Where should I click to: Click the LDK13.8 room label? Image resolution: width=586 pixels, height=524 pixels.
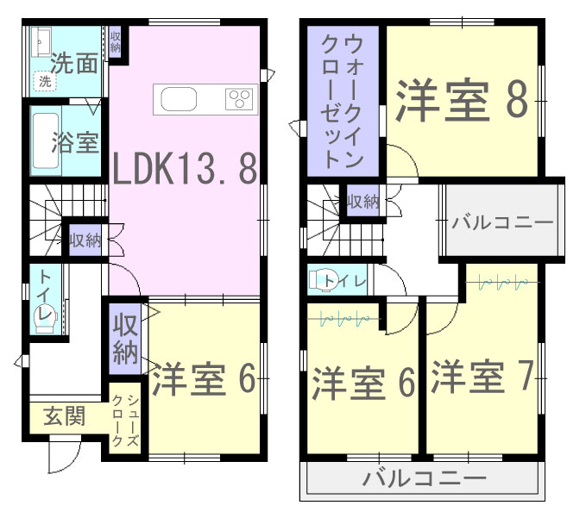[x=185, y=168]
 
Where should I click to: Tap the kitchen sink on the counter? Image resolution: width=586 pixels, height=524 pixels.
[x=179, y=99]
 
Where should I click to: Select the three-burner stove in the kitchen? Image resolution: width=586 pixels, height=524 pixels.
[x=239, y=99]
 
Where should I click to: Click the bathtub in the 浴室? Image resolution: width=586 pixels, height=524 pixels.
[x=46, y=141]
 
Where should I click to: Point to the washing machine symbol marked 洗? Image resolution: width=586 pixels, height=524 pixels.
[x=45, y=81]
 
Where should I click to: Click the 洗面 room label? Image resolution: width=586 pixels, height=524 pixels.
[x=74, y=63]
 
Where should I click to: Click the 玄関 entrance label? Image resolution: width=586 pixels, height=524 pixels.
[x=65, y=415]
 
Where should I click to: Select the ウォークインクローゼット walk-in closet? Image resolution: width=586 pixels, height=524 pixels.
[x=343, y=101]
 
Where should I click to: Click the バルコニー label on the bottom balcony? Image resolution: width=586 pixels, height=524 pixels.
[x=425, y=477]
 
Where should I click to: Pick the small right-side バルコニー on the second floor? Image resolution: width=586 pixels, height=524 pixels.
[x=502, y=220]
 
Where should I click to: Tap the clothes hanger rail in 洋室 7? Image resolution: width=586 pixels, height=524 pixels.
[x=502, y=283]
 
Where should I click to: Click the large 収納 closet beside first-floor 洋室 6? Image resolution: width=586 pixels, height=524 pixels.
[x=125, y=339]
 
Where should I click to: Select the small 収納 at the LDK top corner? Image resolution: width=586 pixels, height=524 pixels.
[x=115, y=42]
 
